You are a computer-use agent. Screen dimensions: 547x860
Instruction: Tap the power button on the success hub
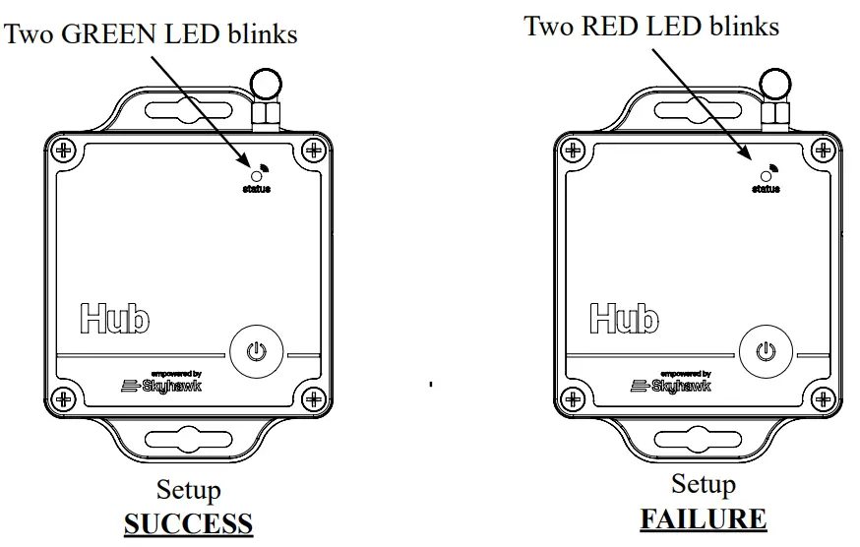click(x=257, y=351)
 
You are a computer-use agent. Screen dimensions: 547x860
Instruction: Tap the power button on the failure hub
click(x=767, y=351)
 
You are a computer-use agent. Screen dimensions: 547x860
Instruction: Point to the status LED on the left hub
click(x=259, y=174)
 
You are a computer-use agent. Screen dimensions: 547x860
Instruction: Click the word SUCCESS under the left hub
click(x=188, y=522)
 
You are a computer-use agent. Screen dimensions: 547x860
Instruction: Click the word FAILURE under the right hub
click(x=703, y=518)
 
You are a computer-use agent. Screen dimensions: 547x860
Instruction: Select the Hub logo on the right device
click(x=624, y=317)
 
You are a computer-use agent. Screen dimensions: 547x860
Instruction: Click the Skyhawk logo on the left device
click(x=157, y=385)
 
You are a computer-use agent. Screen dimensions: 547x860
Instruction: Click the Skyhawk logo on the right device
click(x=668, y=385)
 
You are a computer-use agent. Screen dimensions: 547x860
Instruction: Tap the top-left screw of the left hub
click(x=64, y=151)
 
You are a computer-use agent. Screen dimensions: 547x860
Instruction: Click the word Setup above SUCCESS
click(x=188, y=490)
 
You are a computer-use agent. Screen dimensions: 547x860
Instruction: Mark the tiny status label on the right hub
click(x=766, y=189)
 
